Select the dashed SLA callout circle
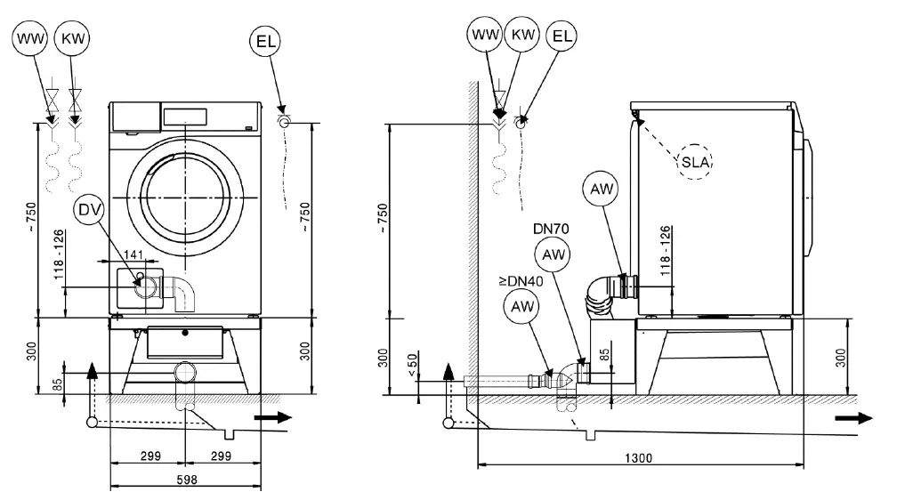(697, 161)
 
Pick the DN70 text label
(551, 229)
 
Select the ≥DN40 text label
(519, 282)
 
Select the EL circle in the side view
(561, 36)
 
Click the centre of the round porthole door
(185, 195)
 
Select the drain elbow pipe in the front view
(182, 293)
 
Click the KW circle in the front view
(72, 39)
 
